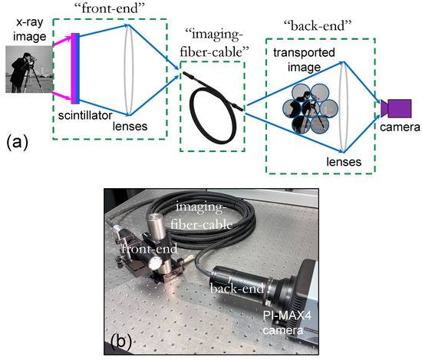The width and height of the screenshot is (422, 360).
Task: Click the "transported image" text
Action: click(x=306, y=60)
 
